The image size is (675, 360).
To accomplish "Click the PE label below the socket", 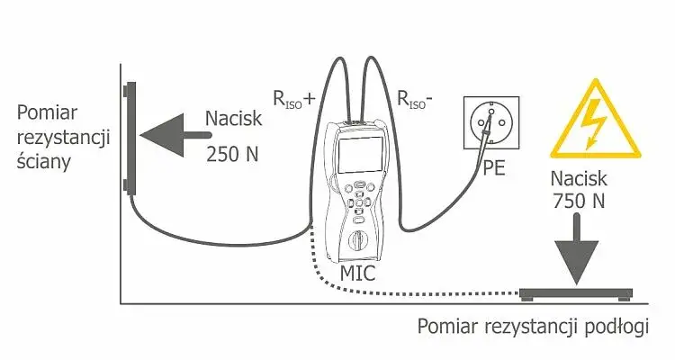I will (x=494, y=168).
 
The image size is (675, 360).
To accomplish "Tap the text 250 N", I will (x=231, y=153).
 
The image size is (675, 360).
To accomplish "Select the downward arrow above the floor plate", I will (x=578, y=252).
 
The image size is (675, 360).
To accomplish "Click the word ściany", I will (x=49, y=163).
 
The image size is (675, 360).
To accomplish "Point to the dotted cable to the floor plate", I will (x=405, y=290).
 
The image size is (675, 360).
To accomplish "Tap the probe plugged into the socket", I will (x=483, y=144).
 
